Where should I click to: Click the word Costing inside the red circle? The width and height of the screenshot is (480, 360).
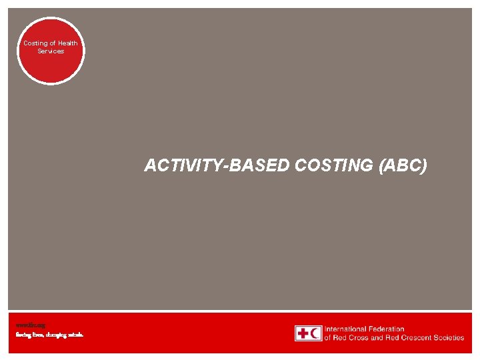35,43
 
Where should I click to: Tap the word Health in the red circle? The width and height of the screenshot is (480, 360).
68,43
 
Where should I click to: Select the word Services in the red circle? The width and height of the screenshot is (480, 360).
51,51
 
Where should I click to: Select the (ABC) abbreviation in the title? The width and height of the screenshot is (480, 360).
403,165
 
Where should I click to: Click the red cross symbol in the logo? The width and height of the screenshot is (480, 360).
302,333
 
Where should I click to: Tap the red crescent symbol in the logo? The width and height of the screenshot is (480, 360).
315,333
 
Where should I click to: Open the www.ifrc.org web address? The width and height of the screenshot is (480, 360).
31,325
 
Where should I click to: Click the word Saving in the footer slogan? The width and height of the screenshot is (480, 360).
23,335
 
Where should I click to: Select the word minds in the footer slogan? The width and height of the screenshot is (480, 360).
75,335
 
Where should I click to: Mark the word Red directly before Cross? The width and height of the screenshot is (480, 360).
342,338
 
